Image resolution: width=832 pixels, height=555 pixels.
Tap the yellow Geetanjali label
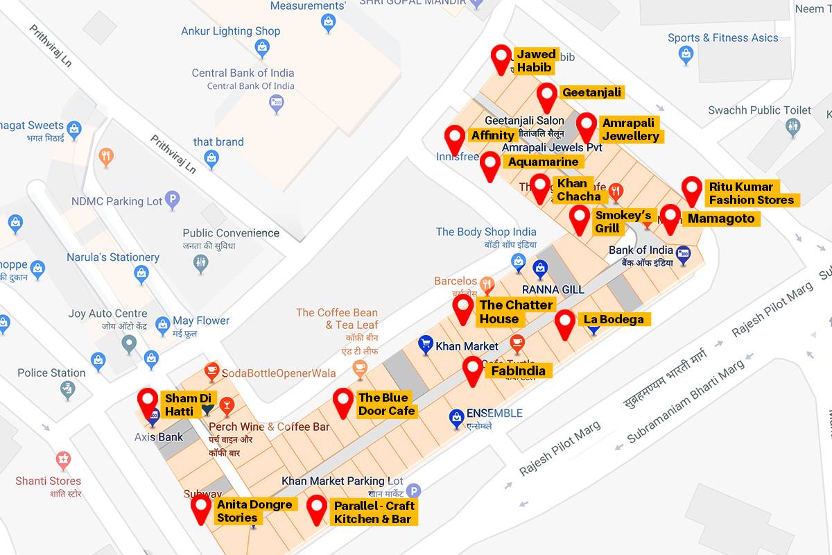coord(592,92)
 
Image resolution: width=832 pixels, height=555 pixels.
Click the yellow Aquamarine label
coord(543,162)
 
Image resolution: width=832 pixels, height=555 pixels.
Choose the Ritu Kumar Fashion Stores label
coord(751,194)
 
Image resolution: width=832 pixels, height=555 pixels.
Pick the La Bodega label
coord(614,319)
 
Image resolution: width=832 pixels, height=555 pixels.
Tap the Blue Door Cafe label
coord(386,404)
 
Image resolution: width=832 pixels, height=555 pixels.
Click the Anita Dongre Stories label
coord(254,511)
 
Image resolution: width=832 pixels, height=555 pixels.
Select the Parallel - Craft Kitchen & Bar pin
coord(318,509)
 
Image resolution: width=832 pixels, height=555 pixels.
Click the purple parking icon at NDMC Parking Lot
coord(173,201)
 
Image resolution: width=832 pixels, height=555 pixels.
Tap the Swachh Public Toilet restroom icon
coord(794,127)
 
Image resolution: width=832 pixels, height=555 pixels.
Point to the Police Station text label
coord(51,373)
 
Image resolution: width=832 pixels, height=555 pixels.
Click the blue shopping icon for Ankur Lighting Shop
coord(262,48)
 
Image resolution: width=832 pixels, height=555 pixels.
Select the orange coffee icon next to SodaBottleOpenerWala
coord(211,373)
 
